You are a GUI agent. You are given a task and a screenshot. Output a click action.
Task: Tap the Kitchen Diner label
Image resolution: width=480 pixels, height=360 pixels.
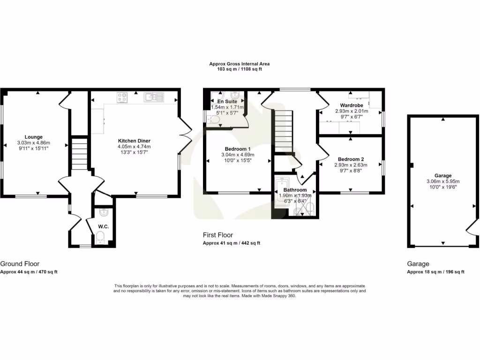point(134,141)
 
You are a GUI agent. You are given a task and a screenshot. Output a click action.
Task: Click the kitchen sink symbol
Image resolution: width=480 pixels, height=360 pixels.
point(154,97)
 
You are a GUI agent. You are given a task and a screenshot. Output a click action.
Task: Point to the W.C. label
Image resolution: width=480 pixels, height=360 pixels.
point(103,226)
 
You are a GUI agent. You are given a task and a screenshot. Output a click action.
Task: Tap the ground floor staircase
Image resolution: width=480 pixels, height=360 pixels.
point(79,153)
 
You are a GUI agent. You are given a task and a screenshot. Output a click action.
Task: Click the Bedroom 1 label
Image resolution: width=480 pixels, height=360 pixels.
point(238,149)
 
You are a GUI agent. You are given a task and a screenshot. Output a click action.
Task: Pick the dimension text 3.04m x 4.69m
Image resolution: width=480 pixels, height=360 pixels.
point(238,155)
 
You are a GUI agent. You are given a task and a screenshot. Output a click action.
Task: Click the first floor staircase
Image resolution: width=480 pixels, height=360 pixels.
point(283,131)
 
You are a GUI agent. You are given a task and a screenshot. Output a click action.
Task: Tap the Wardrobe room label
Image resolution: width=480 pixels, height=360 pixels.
point(352,105)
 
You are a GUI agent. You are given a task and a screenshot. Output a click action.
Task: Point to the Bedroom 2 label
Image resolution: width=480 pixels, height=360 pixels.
point(349,159)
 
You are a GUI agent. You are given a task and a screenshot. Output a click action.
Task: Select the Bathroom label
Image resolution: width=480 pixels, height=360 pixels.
point(295,190)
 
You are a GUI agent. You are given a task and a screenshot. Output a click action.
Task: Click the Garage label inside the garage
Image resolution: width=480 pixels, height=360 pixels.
point(442,176)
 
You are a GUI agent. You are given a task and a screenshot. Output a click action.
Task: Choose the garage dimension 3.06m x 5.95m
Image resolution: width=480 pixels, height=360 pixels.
point(442,181)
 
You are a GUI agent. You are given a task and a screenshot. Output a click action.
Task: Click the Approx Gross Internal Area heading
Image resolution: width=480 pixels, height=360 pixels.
point(240,64)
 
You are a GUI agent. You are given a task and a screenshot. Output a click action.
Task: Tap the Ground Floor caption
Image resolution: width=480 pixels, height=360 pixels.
point(20,264)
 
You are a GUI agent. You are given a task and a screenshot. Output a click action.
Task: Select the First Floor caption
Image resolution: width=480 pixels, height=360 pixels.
point(217,235)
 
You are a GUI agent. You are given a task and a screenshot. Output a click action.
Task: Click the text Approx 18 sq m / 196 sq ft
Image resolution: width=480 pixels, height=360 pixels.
point(435,272)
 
